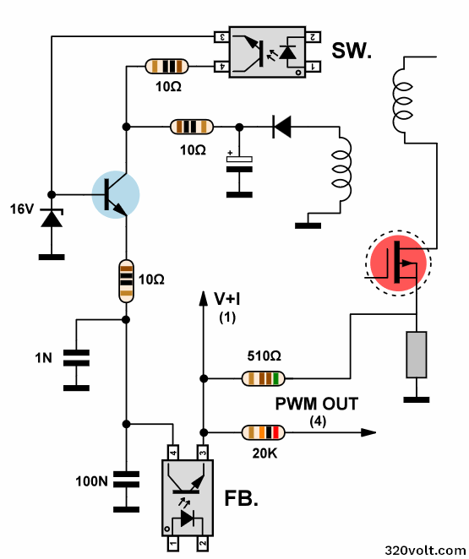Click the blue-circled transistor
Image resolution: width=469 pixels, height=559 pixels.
point(116,195)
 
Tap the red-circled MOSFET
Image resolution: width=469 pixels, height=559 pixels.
point(398,263)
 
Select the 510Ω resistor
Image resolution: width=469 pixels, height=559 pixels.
point(264,378)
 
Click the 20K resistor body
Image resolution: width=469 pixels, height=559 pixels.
point(264,432)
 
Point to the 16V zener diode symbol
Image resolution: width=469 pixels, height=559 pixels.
point(52,218)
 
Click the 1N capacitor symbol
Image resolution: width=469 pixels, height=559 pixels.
point(76,358)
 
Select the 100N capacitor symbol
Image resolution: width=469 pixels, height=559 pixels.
point(126,479)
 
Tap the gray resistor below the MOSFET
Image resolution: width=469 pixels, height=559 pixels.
point(417,355)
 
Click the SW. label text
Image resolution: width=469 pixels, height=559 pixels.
point(352,51)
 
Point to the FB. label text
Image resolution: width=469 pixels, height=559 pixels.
point(241,498)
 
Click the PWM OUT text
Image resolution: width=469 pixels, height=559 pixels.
point(317,404)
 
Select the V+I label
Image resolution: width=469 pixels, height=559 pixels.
point(226,299)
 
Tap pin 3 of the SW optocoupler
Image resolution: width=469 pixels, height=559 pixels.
point(221,36)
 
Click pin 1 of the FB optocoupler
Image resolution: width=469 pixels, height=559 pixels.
point(173,543)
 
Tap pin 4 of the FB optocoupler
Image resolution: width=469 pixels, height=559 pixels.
point(173,453)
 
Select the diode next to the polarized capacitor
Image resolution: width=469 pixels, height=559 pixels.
point(281,127)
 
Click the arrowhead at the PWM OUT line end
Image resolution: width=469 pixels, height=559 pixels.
point(368,432)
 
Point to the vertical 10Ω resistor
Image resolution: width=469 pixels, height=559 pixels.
point(126,281)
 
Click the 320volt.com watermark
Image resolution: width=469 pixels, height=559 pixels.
point(426,550)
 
